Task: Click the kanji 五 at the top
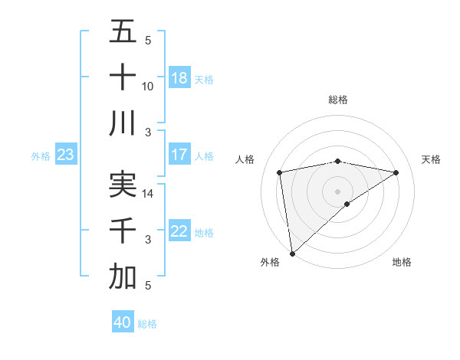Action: (123, 31)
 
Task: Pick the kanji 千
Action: (123, 231)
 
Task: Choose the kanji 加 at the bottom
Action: (123, 277)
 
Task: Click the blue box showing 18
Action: (179, 78)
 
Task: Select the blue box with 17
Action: (179, 155)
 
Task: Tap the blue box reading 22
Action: (179, 231)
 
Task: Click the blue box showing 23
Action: (66, 155)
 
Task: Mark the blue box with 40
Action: (123, 322)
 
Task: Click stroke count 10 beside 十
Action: (148, 86)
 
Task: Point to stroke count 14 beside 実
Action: (148, 194)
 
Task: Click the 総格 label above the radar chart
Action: (337, 100)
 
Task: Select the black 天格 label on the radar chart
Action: (431, 159)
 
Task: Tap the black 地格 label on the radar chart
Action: (402, 262)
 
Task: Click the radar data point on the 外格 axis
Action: (292, 253)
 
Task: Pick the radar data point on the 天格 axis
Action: (396, 172)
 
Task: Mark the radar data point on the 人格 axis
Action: (280, 172)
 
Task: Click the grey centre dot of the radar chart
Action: (337, 191)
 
